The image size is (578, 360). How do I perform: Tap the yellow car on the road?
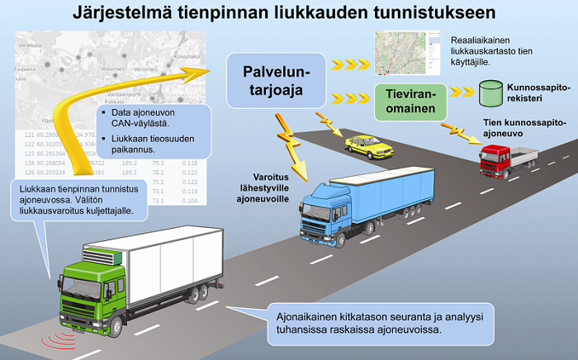[x=367, y=145]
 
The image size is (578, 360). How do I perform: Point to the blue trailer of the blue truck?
[x=392, y=192]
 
